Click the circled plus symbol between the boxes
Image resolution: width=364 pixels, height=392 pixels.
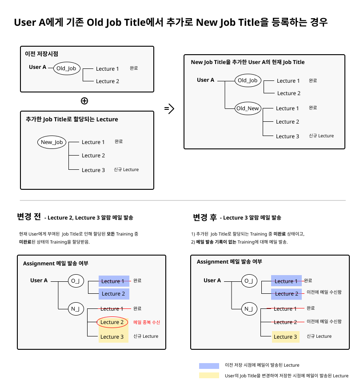(84, 100)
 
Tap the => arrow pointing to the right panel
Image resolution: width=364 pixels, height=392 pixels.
(169, 108)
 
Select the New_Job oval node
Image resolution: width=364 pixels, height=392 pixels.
(52, 142)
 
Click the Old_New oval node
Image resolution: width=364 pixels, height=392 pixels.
(248, 108)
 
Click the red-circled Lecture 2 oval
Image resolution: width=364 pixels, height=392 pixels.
(112, 322)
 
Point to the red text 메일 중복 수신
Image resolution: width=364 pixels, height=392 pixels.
(147, 322)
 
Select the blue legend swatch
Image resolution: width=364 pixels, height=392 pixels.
(209, 365)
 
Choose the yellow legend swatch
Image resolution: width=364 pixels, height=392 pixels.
(209, 376)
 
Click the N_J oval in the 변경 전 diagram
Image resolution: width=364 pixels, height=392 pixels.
(76, 309)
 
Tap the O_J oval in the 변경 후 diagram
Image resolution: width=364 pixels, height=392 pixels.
(249, 281)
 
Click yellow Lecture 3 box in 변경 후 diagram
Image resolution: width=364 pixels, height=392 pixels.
(285, 337)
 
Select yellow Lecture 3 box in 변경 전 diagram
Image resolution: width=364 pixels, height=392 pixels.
(112, 337)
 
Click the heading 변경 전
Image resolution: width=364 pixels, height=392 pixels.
(29, 217)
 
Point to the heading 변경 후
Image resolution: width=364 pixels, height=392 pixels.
(205, 217)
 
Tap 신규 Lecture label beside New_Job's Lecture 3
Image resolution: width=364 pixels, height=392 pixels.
(126, 170)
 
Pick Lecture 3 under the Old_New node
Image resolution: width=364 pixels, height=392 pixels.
(287, 136)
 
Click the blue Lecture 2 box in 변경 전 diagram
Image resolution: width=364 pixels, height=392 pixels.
(114, 294)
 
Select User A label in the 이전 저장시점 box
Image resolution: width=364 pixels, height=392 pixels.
(38, 67)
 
